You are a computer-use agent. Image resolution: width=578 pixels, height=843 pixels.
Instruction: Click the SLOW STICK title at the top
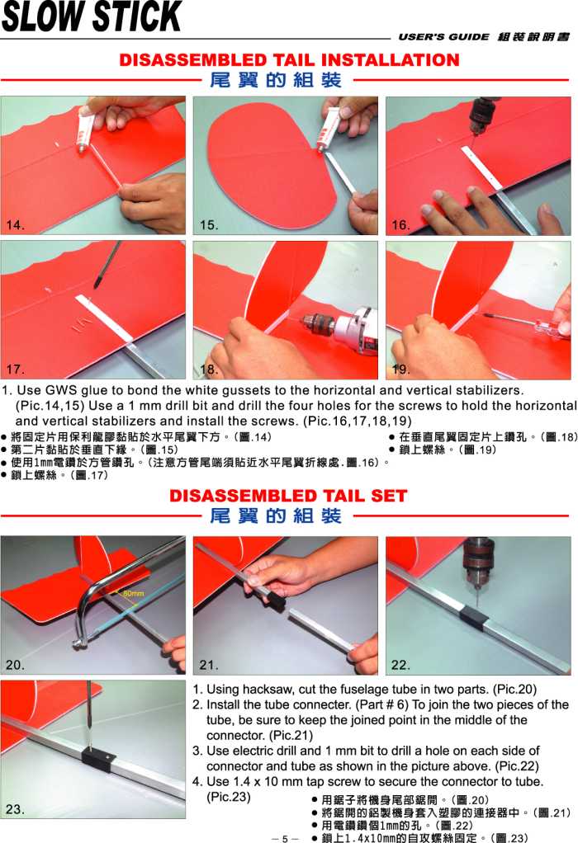pyautogui.click(x=92, y=16)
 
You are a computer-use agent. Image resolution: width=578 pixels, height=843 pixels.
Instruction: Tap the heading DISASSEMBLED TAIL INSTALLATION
pyautogui.click(x=290, y=59)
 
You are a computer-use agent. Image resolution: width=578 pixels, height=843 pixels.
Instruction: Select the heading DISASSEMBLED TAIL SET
pyautogui.click(x=288, y=495)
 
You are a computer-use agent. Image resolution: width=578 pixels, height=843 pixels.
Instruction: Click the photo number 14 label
pyautogui.click(x=15, y=224)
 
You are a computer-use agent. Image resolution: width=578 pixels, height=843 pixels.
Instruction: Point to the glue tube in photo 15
pyautogui.click(x=326, y=132)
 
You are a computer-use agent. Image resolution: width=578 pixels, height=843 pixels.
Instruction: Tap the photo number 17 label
pyautogui.click(x=15, y=369)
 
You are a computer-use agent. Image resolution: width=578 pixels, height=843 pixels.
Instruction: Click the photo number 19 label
pyautogui.click(x=401, y=369)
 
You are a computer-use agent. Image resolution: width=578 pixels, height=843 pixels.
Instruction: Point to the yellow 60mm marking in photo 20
pyautogui.click(x=134, y=593)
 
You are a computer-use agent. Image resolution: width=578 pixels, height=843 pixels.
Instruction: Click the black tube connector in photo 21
pyautogui.click(x=275, y=600)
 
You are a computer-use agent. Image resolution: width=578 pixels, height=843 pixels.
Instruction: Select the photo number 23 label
pyautogui.click(x=15, y=809)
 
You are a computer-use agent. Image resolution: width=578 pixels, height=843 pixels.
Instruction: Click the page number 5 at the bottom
pyautogui.click(x=285, y=838)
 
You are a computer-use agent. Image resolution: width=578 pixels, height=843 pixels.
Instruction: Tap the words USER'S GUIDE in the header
pyautogui.click(x=444, y=36)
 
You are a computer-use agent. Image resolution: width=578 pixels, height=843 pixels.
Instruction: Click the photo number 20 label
pyautogui.click(x=15, y=665)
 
